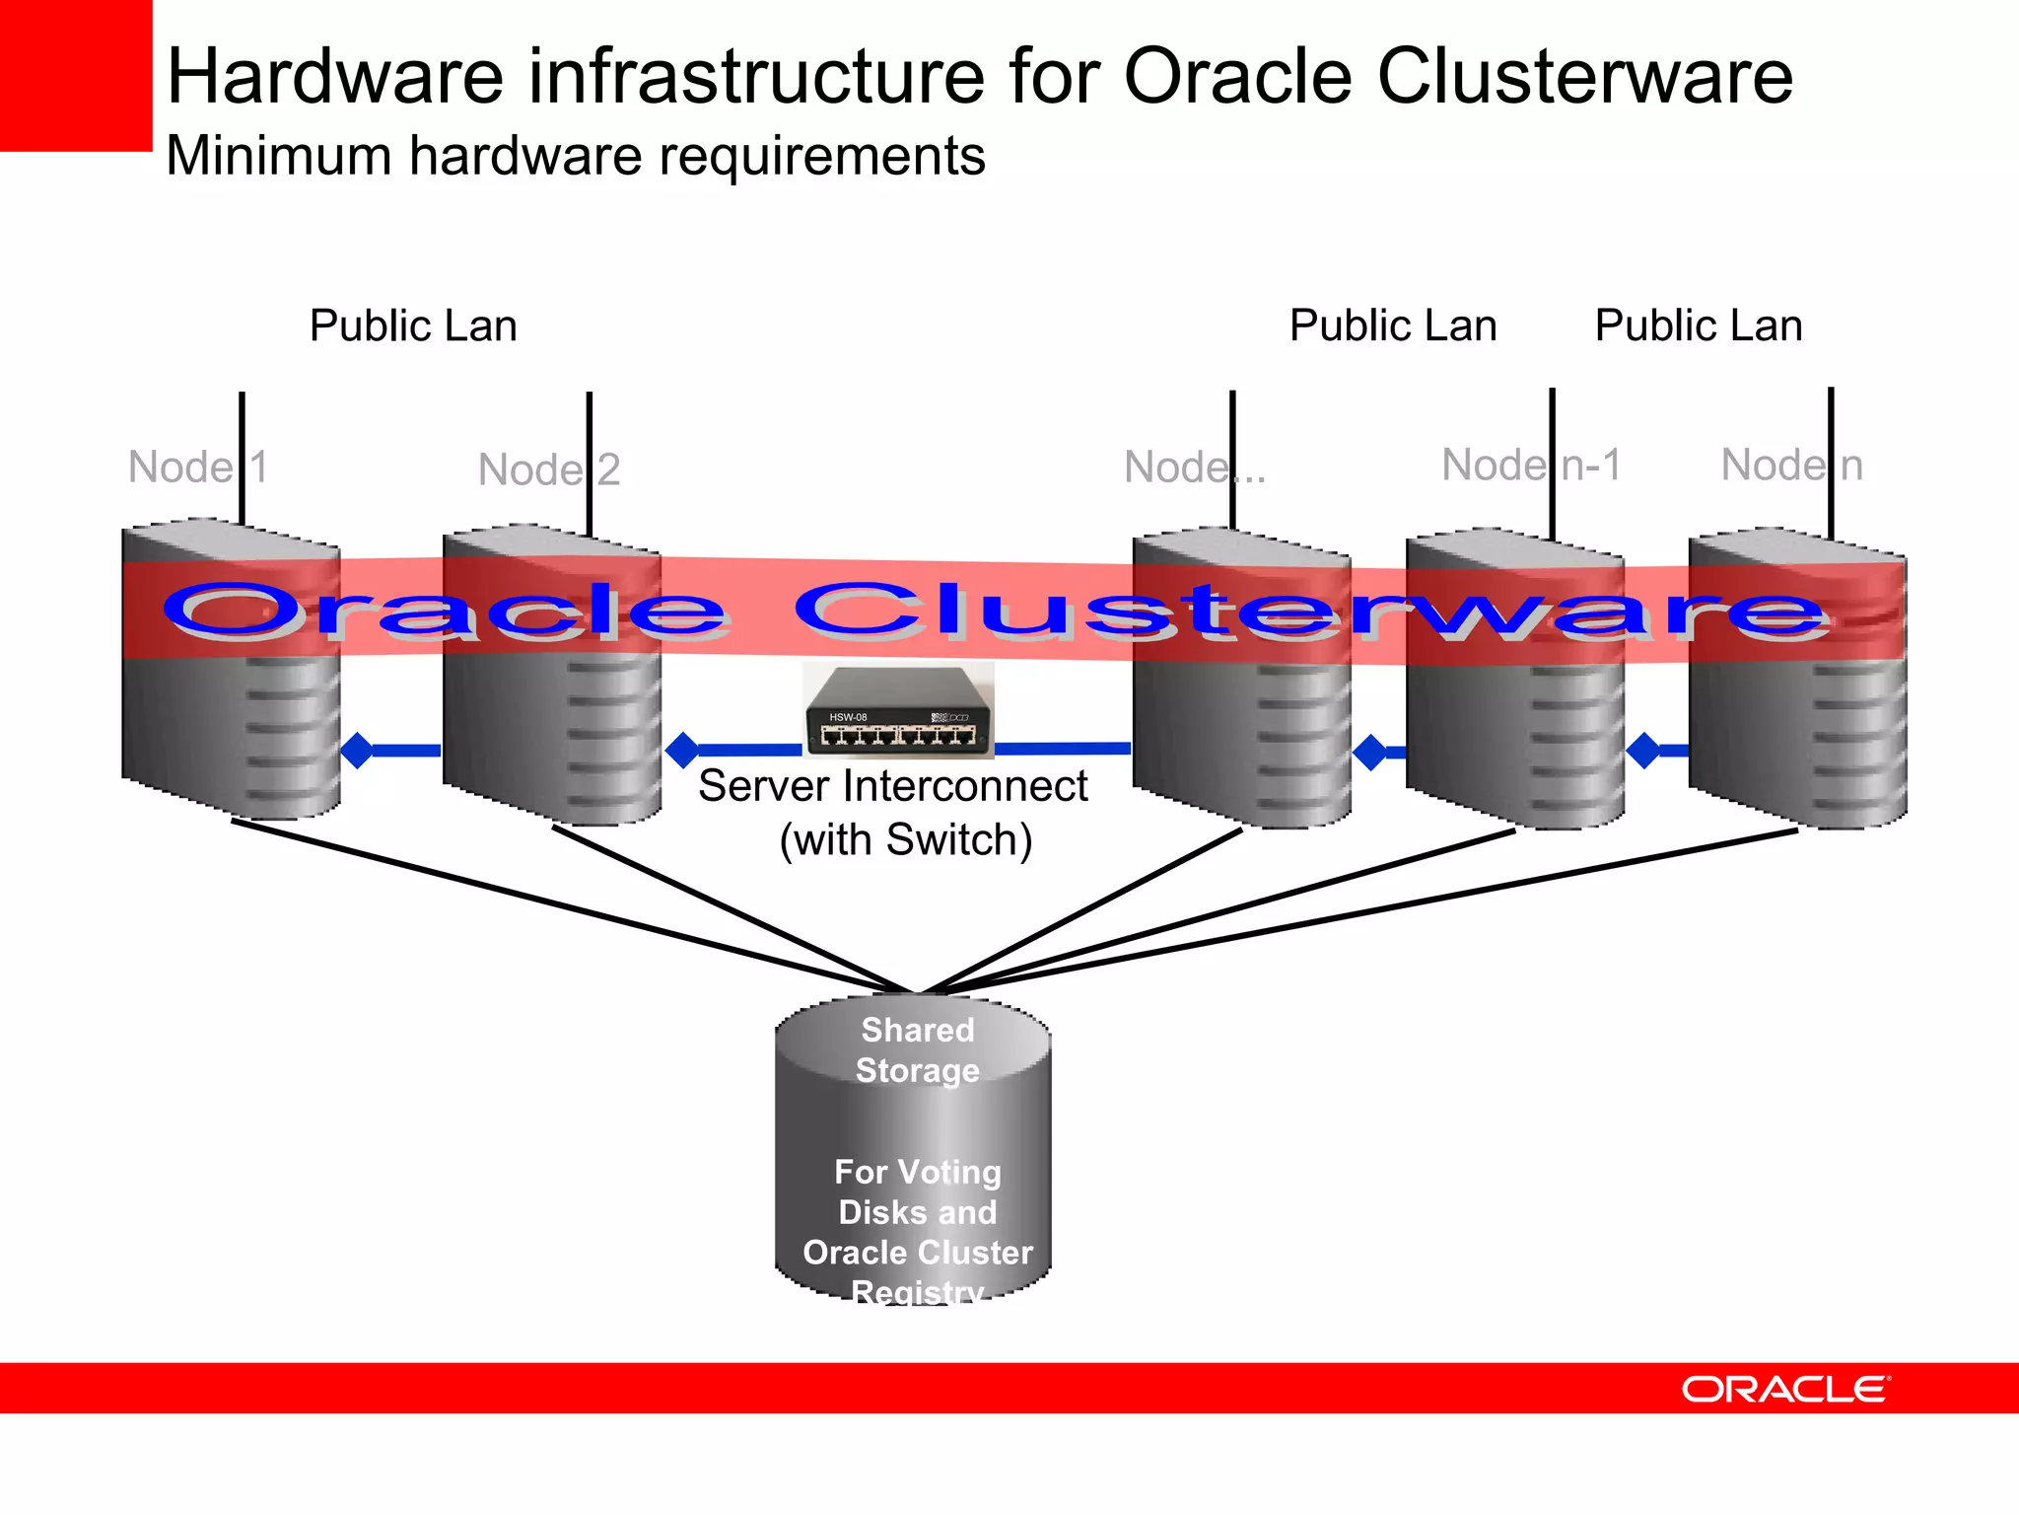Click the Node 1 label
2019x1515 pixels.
pos(197,467)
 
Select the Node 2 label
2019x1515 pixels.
pos(548,469)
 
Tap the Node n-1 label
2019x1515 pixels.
pos(1530,465)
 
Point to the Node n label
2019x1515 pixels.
pos(1791,465)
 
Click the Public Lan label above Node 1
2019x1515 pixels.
pos(413,325)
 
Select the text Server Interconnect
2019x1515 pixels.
pos(892,786)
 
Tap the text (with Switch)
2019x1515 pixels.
pos(905,840)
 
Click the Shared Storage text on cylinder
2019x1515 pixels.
pos(917,1049)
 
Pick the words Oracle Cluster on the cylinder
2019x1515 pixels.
pos(917,1252)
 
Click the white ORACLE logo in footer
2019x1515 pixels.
pos(1784,1389)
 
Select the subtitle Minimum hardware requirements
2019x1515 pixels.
pos(575,156)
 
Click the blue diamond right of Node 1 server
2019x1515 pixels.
pos(357,751)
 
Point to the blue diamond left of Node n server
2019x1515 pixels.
pos(1643,751)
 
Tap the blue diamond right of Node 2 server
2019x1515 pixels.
pos(682,751)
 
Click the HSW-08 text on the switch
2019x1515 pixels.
pos(848,717)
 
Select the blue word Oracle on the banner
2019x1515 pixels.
pos(444,611)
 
